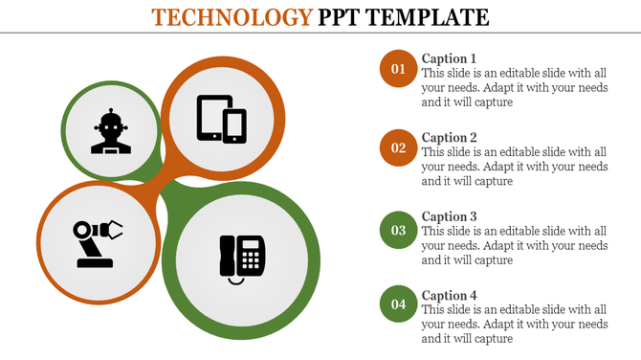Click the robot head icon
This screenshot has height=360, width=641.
pos(111,131)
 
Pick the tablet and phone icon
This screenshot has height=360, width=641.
pos(221,119)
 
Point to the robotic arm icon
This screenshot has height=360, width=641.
pos(97,243)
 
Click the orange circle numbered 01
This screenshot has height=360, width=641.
pos(398,69)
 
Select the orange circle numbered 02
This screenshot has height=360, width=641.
pos(398,148)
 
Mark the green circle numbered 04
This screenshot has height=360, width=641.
pos(398,305)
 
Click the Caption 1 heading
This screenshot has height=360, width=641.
pos(449,58)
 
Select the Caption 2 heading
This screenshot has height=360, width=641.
pos(449,138)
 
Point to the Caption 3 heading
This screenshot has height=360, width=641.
pos(449,216)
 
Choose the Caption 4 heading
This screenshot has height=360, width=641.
pos(449,296)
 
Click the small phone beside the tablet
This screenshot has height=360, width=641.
pos(234,126)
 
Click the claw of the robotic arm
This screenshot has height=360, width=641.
pos(113,229)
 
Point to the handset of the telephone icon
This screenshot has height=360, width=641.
pos(226,257)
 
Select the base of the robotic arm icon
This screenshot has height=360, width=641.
pos(94,261)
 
